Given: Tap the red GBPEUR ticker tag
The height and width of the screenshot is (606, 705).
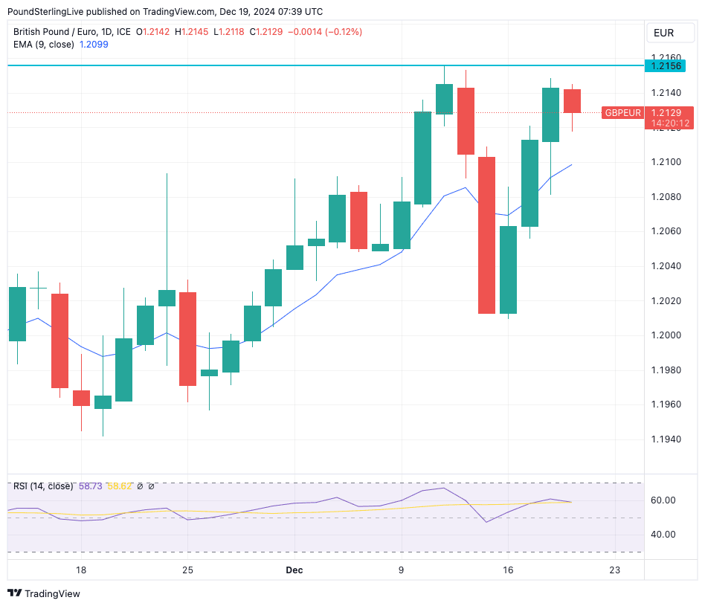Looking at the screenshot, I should coord(622,113).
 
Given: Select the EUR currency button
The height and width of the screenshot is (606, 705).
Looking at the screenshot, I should coord(663,33).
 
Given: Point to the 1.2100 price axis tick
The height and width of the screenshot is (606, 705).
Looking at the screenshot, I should coord(666,162).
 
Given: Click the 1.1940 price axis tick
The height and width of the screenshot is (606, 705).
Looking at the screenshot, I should coord(666,439).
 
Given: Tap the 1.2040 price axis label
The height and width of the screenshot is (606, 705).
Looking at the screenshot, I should coord(666,266).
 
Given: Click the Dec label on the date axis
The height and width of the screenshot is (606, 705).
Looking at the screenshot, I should coord(294,570).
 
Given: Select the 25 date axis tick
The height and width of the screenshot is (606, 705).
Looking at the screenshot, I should coord(187,570).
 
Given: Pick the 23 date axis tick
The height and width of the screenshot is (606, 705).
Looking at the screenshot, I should coord(614,570).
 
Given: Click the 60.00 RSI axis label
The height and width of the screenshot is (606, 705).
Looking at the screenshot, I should coord(663,500).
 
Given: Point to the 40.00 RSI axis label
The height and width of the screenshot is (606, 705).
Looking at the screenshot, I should coord(663,535).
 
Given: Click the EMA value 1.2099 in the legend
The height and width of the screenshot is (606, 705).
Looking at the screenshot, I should coord(94,45).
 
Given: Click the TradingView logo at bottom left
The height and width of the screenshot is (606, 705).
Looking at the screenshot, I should coord(45,593).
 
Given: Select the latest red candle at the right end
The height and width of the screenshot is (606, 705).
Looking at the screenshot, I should coord(572,101).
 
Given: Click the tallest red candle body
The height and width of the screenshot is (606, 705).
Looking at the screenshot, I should coord(487,235).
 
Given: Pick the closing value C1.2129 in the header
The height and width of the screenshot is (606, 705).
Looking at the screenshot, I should coord(265,31).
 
